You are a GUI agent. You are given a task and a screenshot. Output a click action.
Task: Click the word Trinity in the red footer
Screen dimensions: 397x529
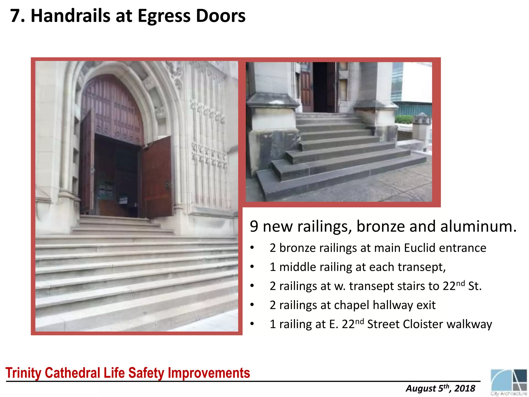(23, 373)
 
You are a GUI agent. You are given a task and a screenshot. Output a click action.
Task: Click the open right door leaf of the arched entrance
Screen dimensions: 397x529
(157, 177)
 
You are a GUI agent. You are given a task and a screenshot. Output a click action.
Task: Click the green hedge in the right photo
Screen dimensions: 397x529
(404, 119)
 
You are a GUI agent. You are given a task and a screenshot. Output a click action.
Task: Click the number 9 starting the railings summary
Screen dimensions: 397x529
(254, 226)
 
